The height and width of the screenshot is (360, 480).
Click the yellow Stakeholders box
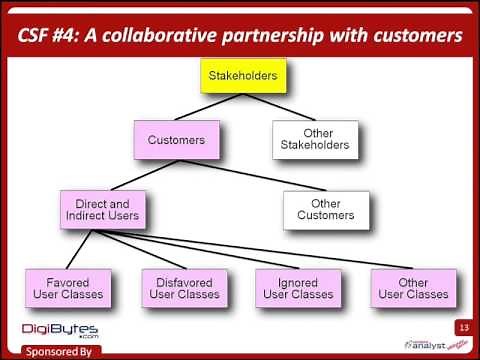coord(241,75)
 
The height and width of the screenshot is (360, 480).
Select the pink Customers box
coord(176,139)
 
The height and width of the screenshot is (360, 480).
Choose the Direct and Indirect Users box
coord(99,208)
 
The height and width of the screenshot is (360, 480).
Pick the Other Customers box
coord(326,208)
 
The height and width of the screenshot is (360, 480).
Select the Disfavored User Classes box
coord(185,288)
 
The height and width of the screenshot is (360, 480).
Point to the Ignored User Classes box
coord(298,288)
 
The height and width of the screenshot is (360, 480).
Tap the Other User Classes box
coord(413,288)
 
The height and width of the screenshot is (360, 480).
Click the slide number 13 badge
coord(463,327)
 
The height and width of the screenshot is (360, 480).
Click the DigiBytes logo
coord(55,330)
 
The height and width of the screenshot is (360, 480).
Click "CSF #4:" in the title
coord(50,36)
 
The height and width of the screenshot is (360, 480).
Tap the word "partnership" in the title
coord(279,36)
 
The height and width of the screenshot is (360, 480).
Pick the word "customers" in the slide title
coord(411,36)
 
